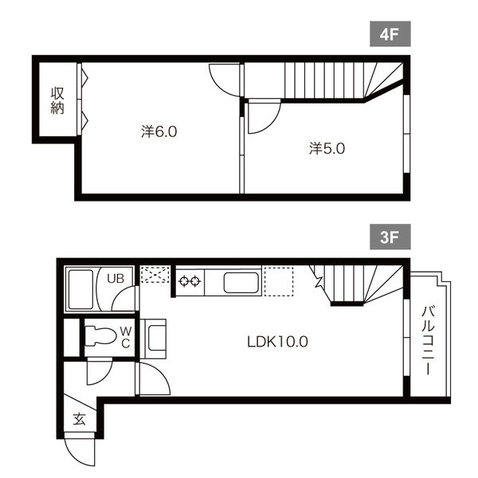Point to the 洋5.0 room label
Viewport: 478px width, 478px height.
[327, 148]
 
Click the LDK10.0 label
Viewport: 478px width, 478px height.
[276, 342]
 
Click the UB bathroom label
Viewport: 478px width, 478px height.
[116, 279]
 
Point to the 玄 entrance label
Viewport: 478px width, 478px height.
[80, 418]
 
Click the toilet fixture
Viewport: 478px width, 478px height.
[100, 336]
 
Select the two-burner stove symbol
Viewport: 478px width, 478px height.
[190, 280]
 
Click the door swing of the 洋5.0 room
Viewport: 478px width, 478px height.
[261, 117]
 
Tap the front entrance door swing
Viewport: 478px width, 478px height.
[82, 454]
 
